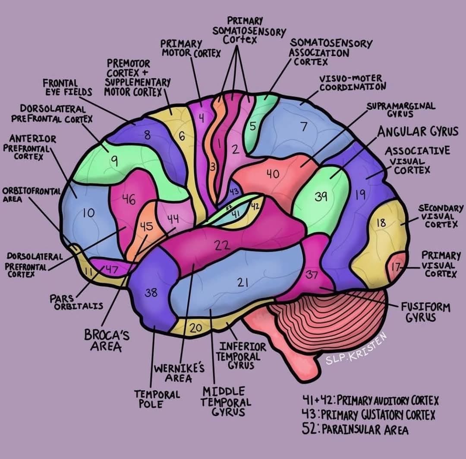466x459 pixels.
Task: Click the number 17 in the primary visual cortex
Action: [396, 267]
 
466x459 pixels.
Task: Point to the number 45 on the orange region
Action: [147, 227]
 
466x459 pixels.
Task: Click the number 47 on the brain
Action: [112, 269]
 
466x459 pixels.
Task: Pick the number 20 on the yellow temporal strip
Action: [196, 328]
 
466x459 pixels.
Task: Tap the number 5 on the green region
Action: [252, 127]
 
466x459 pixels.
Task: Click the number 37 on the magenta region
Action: [312, 275]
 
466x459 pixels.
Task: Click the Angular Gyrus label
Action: [418, 131]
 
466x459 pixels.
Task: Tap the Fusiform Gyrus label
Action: [426, 312]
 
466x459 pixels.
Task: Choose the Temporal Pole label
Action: [157, 399]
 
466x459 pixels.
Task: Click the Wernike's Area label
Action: [179, 373]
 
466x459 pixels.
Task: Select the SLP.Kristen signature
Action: [356, 348]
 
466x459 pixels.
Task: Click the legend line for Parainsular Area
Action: [355, 429]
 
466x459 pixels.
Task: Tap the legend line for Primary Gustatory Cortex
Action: [368, 414]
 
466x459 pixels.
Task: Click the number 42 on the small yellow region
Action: [255, 206]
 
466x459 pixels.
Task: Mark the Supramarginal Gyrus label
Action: [400, 110]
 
